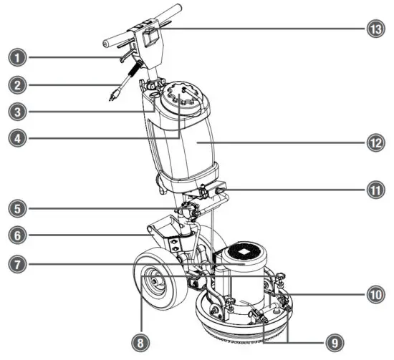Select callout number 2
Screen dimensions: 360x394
[13, 84]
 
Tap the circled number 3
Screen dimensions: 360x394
[13, 112]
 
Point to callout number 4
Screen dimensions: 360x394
[13, 139]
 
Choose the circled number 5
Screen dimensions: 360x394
[13, 210]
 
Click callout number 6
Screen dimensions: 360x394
[13, 235]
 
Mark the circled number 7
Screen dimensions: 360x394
[13, 263]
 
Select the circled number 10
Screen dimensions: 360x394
[378, 294]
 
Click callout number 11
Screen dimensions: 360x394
[378, 191]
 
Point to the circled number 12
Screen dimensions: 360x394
[378, 143]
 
